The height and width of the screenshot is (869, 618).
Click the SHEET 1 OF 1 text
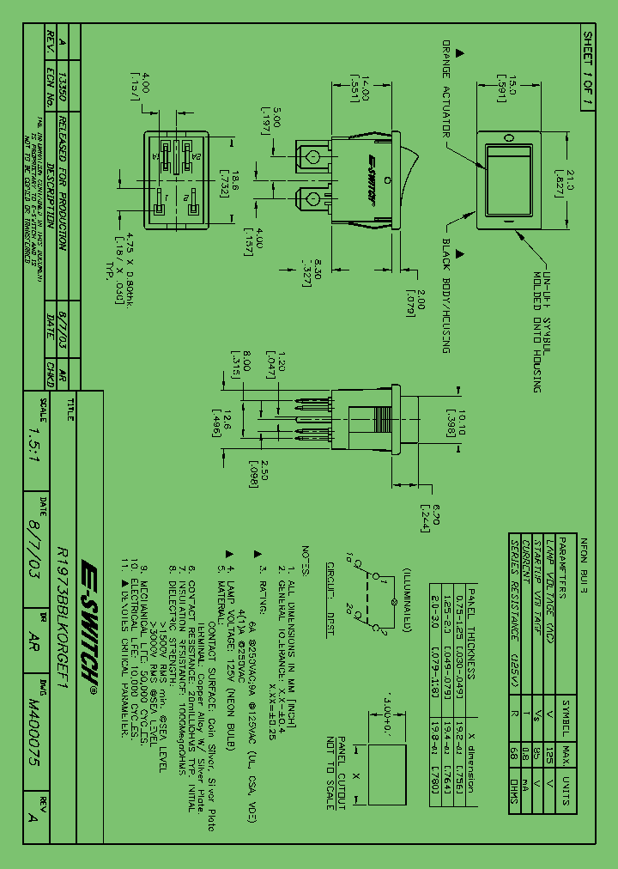coord(588,68)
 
